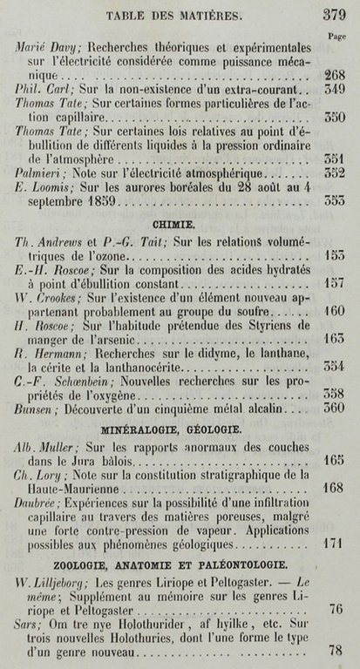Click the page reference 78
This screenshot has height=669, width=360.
click(336, 650)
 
